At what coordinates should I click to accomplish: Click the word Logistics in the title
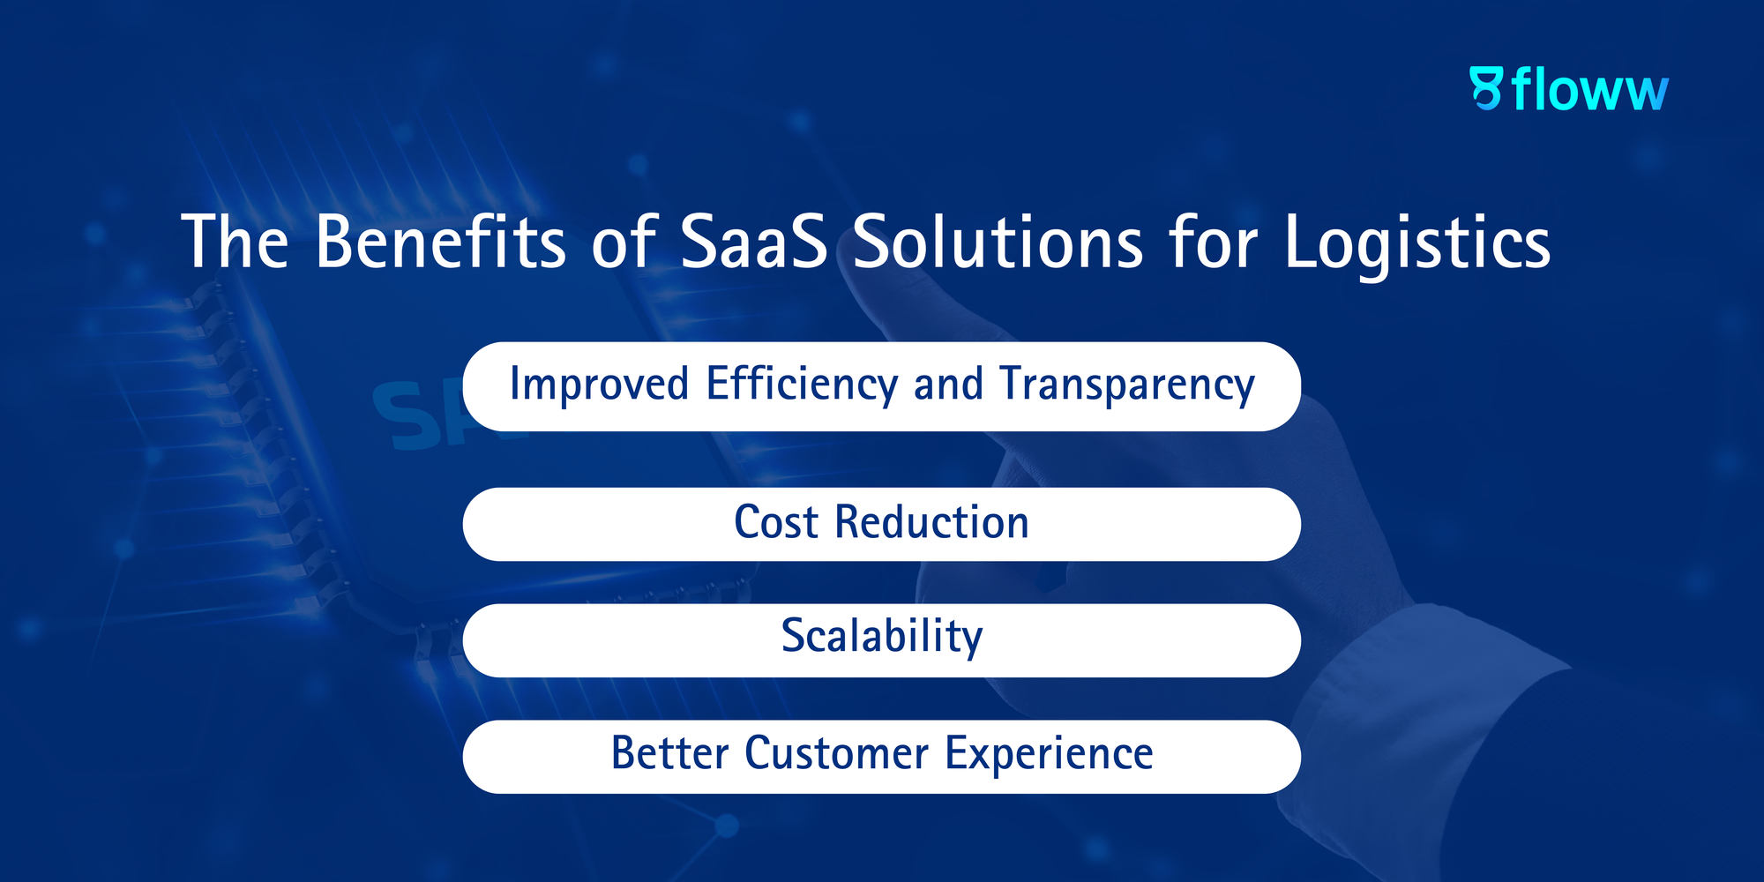tap(1417, 245)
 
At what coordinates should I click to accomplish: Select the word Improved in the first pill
tap(599, 385)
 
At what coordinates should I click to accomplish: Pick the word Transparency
tap(1127, 385)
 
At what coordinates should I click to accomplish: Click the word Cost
tap(776, 522)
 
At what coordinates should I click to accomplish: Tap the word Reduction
tap(932, 521)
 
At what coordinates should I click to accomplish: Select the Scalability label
tap(882, 637)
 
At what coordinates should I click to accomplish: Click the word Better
tap(670, 753)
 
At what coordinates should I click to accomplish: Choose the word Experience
tap(1050, 755)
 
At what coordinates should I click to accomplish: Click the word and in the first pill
tap(948, 385)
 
